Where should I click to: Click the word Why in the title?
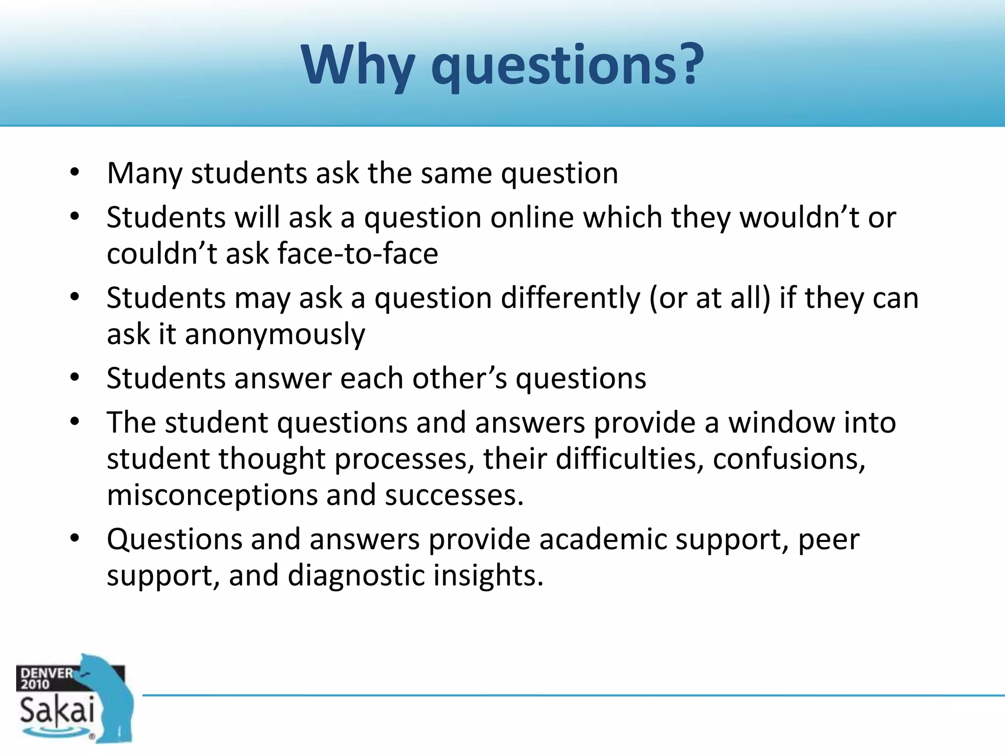pyautogui.click(x=358, y=66)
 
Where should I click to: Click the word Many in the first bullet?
pyautogui.click(x=145, y=174)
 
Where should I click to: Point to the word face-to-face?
pyautogui.click(x=358, y=254)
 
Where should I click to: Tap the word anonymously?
pyautogui.click(x=275, y=335)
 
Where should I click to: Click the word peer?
pyautogui.click(x=829, y=540)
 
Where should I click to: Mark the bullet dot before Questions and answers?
pyautogui.click(x=75, y=539)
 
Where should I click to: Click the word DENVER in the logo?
pyautogui.click(x=47, y=673)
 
